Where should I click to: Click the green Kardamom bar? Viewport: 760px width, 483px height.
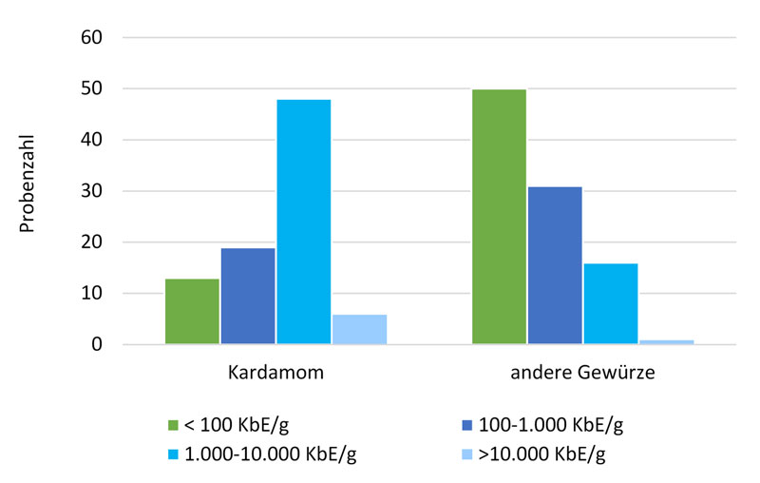point(192,311)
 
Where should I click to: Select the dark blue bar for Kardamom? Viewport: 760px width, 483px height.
point(248,296)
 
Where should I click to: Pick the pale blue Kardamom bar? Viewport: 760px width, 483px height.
point(359,329)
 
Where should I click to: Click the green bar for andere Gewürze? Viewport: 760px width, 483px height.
point(499,217)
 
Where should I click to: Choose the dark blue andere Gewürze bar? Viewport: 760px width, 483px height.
point(555,265)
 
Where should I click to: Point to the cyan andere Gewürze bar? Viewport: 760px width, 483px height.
point(611,303)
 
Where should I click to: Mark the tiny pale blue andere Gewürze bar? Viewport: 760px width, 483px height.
point(666,341)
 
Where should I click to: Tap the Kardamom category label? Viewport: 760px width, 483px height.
point(275,373)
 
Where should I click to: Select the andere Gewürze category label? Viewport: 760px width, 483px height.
point(582,373)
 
